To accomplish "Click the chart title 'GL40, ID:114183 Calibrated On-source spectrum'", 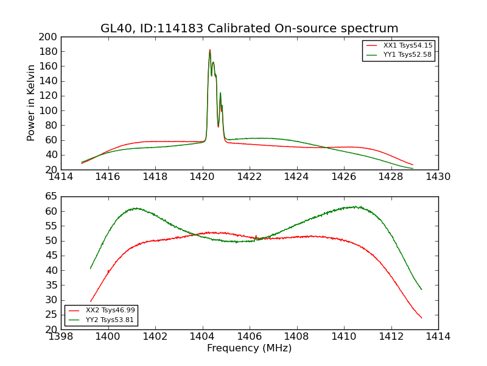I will [x=249, y=29].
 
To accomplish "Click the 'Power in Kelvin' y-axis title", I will [x=32, y=102].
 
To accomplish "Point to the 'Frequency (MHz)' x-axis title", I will [x=249, y=348].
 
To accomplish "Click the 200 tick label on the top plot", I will [x=49, y=37].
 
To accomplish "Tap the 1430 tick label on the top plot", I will [x=438, y=177].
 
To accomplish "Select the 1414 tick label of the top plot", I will [x=61, y=177].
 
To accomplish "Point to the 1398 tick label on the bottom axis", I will [x=61, y=337].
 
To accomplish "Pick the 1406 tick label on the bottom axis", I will [x=250, y=337].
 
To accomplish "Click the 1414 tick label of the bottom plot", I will [x=438, y=337].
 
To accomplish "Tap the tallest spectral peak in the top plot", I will [x=210, y=50].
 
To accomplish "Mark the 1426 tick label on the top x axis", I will [x=344, y=177].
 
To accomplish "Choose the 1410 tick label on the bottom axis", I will [x=344, y=337].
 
